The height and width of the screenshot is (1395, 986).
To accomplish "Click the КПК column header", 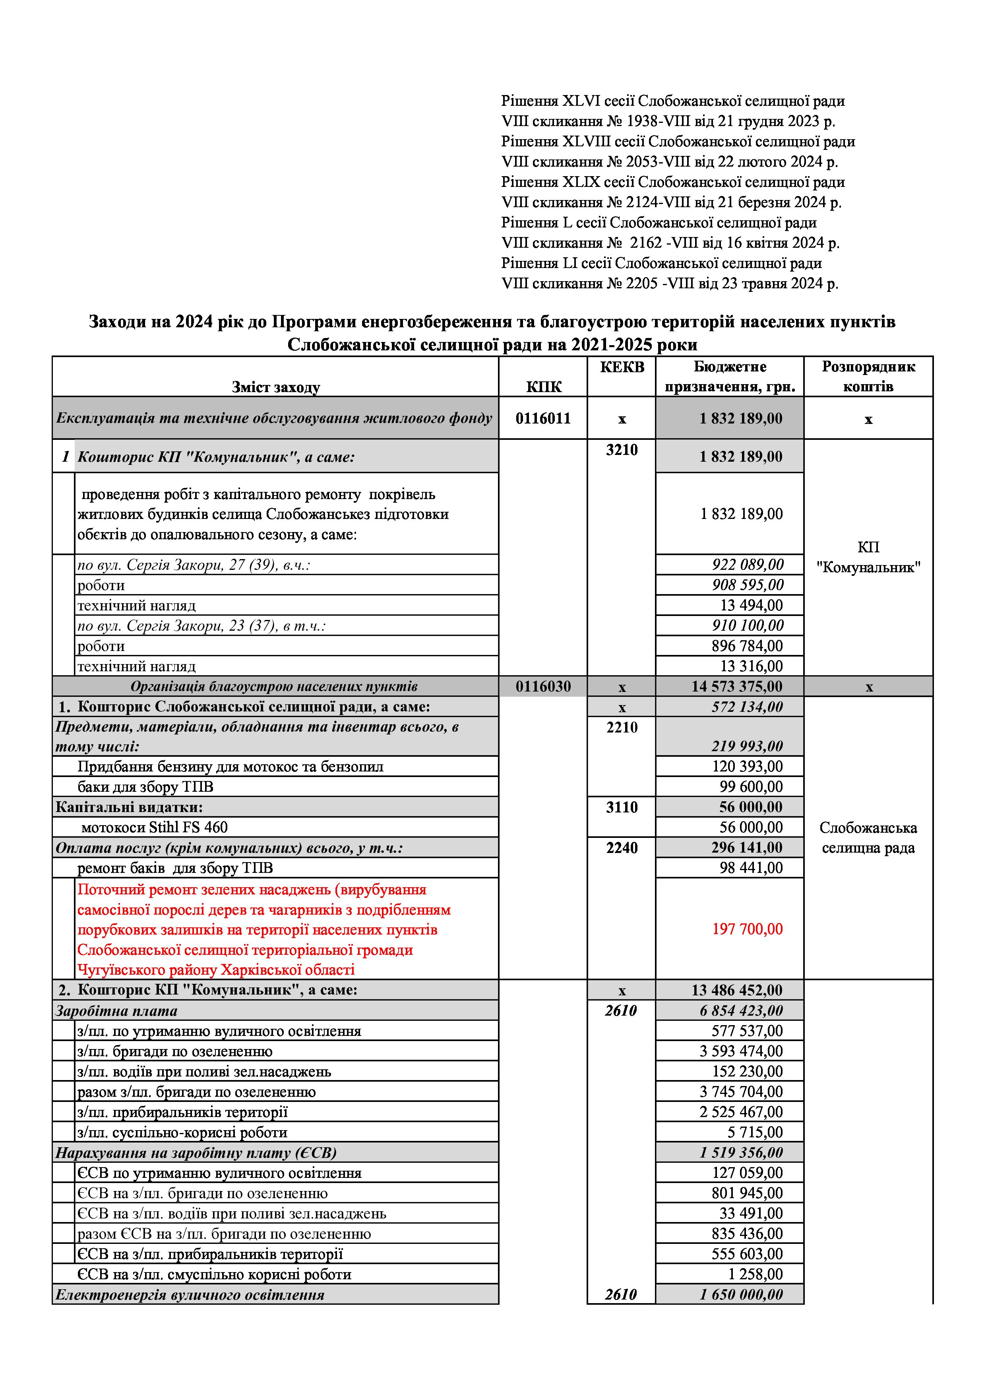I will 543,387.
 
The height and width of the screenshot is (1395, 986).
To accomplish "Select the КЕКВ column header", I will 622,367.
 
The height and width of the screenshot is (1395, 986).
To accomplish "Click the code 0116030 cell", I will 543,686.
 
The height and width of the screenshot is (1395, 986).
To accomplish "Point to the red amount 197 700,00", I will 748,929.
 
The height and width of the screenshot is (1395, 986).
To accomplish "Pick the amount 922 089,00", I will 748,564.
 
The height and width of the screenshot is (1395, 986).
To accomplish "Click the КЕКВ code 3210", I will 622,450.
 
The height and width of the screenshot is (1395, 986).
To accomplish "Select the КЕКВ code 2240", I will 622,847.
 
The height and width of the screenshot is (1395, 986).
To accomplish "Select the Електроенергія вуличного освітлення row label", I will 190,1295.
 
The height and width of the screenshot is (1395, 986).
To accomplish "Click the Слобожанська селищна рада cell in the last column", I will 868,838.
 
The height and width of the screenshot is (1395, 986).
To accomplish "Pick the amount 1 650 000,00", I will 741,1295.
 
